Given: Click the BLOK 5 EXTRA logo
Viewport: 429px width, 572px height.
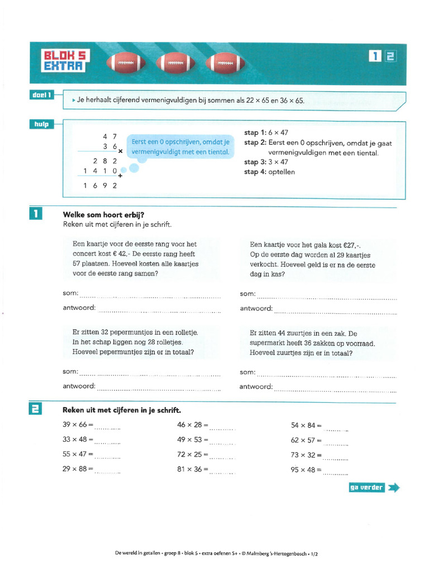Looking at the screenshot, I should pos(64,61).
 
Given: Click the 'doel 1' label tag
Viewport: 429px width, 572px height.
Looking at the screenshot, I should pos(42,96).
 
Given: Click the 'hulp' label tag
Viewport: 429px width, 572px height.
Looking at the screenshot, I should pos(42,124).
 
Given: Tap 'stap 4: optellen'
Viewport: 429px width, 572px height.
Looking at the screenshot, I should pos(269,172).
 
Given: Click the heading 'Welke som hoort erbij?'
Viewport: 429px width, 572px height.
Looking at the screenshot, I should pos(103,214).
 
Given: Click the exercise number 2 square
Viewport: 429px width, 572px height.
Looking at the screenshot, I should pos(35,410).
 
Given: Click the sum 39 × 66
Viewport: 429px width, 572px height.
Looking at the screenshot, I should pos(75,425).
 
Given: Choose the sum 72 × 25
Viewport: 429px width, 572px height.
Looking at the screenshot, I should pos(189,455).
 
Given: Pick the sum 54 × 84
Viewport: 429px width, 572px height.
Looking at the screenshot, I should pos(303,426).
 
